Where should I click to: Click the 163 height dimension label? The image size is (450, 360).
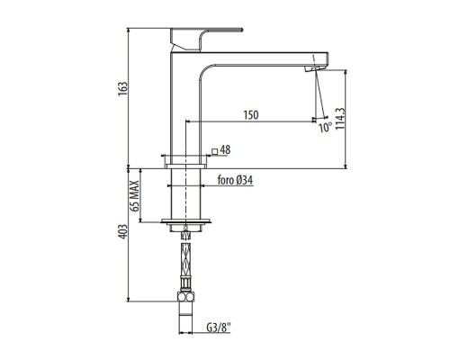point(122,88)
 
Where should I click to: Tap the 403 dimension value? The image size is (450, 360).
point(122,231)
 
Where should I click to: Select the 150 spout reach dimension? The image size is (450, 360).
point(251,115)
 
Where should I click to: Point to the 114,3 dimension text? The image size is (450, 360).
point(340,119)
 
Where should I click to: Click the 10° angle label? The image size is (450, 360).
point(325,128)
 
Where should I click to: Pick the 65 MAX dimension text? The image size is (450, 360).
point(135,196)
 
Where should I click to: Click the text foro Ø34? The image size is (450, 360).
point(235,180)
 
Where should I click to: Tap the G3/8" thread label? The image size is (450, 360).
point(219,328)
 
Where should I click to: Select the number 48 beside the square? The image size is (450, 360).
point(225,150)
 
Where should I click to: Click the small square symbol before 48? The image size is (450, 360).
point(214,151)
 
